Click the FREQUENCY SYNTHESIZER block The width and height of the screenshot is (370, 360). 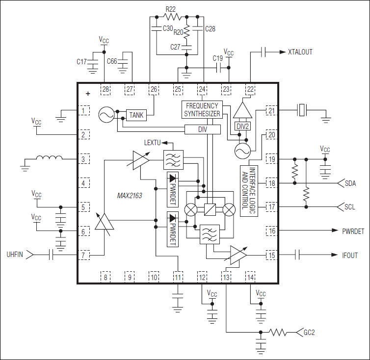(x=202, y=109)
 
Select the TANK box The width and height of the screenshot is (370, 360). (x=136, y=115)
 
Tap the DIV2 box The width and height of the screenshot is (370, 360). (x=242, y=126)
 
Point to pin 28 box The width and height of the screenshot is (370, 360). (x=105, y=89)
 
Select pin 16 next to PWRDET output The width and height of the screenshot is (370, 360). (x=271, y=231)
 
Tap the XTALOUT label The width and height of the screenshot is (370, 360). (x=300, y=52)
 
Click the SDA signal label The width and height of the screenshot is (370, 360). (x=350, y=183)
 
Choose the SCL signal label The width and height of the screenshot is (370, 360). (x=349, y=207)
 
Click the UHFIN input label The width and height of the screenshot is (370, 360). (x=15, y=255)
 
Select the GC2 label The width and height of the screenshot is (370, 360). (x=310, y=333)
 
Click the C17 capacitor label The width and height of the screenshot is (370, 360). (x=82, y=62)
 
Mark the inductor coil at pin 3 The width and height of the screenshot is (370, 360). (x=49, y=158)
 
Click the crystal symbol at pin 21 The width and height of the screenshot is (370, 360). (x=301, y=110)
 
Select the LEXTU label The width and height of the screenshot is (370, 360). (x=152, y=143)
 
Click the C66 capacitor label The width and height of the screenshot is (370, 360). (x=112, y=62)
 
